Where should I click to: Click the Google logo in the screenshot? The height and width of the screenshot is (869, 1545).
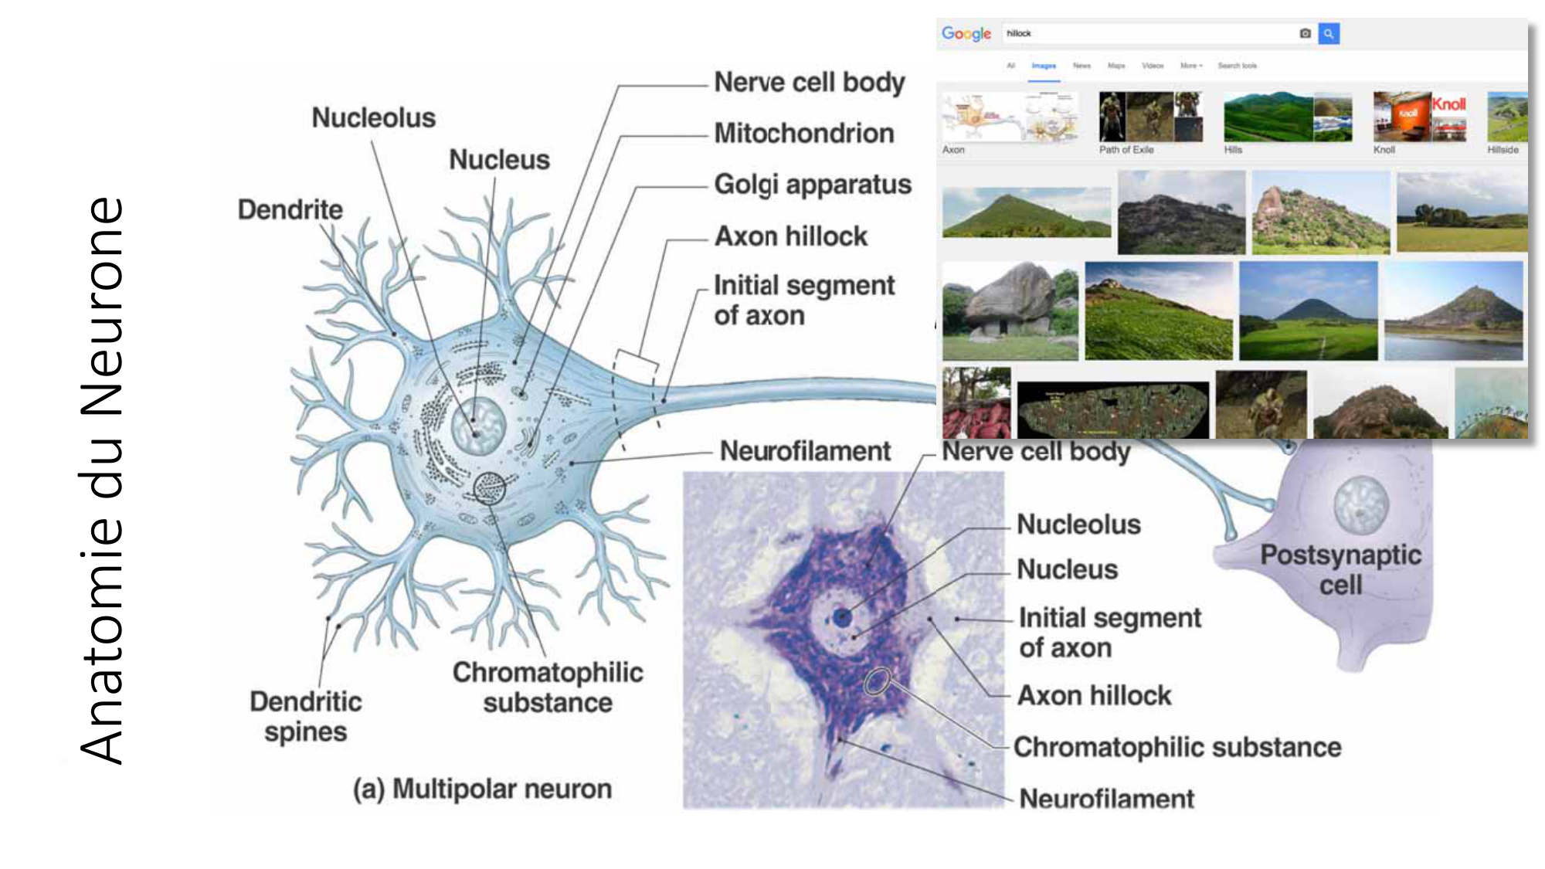pyautogui.click(x=966, y=33)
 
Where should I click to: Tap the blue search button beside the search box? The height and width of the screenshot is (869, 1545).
pyautogui.click(x=1329, y=33)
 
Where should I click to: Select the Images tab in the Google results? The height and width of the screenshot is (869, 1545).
pyautogui.click(x=1043, y=66)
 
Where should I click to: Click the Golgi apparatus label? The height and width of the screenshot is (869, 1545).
pyautogui.click(x=812, y=185)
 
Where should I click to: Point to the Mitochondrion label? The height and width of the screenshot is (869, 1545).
pyautogui.click(x=803, y=133)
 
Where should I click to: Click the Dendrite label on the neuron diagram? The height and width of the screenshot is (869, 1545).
pyautogui.click(x=290, y=209)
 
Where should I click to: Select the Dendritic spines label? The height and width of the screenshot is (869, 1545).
pyautogui.click(x=305, y=716)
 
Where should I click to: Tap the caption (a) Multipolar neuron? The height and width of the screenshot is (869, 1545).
pyautogui.click(x=482, y=789)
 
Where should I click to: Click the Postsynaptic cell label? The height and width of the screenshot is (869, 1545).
pyautogui.click(x=1340, y=569)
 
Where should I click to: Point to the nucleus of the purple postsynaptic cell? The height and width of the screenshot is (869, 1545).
pyautogui.click(x=1360, y=504)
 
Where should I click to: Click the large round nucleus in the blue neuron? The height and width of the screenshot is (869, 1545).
pyautogui.click(x=478, y=426)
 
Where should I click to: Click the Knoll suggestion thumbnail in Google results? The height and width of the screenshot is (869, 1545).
pyautogui.click(x=1419, y=116)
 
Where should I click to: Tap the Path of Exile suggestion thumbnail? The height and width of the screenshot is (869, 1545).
pyautogui.click(x=1150, y=116)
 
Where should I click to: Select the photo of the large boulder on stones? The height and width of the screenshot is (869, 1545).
pyautogui.click(x=1010, y=311)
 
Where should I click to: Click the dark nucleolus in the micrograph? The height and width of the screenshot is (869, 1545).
pyautogui.click(x=842, y=616)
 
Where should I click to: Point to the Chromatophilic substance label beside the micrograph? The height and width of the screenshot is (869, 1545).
pyautogui.click(x=1177, y=747)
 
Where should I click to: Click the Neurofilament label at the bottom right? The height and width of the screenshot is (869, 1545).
pyautogui.click(x=1106, y=799)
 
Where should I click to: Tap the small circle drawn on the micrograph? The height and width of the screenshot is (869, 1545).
pyautogui.click(x=878, y=681)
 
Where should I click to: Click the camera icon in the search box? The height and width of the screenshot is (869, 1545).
pyautogui.click(x=1305, y=33)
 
